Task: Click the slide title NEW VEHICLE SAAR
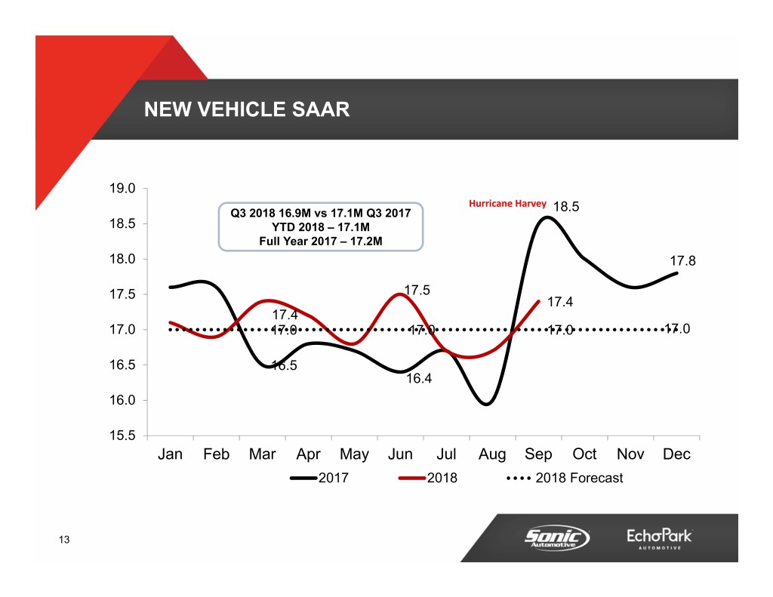click(x=247, y=110)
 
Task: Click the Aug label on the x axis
click(x=492, y=454)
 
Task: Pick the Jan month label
click(x=171, y=454)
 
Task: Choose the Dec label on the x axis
click(x=676, y=454)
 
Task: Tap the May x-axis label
click(x=354, y=454)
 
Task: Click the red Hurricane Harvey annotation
click(x=508, y=203)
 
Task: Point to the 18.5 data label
click(x=566, y=207)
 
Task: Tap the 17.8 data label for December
click(x=682, y=262)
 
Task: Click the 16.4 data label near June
click(x=419, y=379)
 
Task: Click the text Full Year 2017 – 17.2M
click(x=320, y=242)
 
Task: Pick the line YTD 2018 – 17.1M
click(x=320, y=227)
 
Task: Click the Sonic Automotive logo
click(x=557, y=537)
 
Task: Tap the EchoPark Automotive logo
click(x=659, y=537)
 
